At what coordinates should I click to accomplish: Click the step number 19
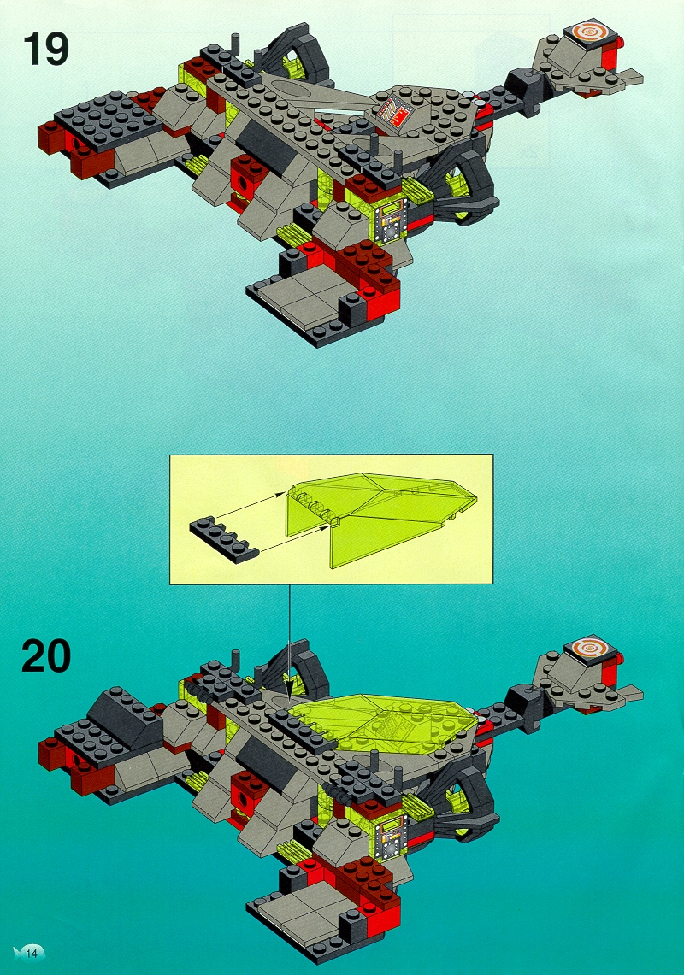tap(45, 49)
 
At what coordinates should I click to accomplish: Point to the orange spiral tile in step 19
tap(586, 32)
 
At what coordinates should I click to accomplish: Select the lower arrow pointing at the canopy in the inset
tap(292, 537)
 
